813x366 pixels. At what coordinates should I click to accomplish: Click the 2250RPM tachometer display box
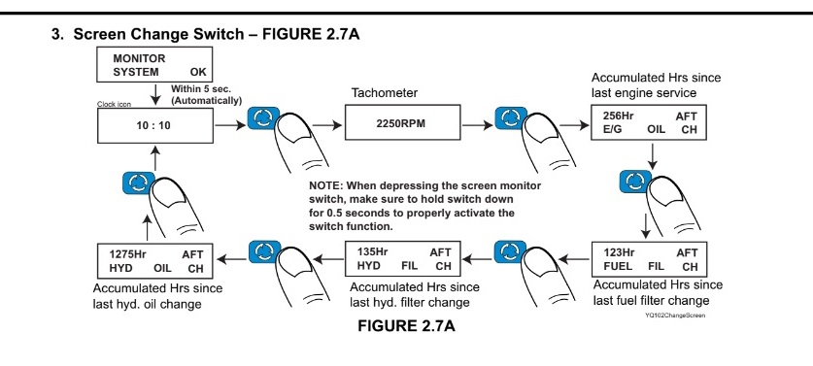[x=402, y=122]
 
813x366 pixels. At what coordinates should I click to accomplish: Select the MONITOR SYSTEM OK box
[x=155, y=64]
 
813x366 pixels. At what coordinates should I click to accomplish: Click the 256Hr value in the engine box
[x=619, y=116]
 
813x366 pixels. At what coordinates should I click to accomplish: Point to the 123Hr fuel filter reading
[x=619, y=253]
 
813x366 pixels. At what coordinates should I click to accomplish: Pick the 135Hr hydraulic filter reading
[x=372, y=252]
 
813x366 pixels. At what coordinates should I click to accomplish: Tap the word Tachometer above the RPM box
[x=385, y=93]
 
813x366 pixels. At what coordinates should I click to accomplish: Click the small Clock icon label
[x=114, y=104]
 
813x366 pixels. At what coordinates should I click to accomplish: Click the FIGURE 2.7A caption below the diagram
[x=406, y=325]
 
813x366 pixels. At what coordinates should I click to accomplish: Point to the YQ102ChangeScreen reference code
[x=674, y=315]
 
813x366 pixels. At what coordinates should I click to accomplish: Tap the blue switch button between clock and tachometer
[x=263, y=117]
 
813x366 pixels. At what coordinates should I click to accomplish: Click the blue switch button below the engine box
[x=635, y=182]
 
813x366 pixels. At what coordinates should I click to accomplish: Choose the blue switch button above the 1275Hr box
[x=139, y=183]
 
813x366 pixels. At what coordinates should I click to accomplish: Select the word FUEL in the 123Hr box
[x=618, y=267]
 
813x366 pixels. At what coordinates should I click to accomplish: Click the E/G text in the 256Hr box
[x=612, y=129]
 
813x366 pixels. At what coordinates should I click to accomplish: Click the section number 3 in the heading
[x=56, y=35]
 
